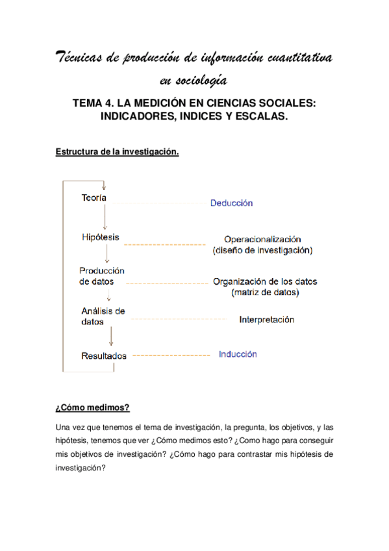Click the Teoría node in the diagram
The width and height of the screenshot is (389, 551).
click(94, 198)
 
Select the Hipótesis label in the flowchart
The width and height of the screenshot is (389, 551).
click(101, 237)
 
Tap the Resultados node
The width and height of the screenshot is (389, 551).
click(103, 356)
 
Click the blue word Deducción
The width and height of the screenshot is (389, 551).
click(231, 203)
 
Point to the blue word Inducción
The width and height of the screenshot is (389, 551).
click(237, 355)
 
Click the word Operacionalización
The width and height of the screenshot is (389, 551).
click(262, 239)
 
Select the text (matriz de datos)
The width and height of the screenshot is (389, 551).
click(265, 293)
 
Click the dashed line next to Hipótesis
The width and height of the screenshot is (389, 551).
click(164, 244)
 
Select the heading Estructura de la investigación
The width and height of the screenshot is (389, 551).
click(117, 151)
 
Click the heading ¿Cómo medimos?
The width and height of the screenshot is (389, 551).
click(92, 407)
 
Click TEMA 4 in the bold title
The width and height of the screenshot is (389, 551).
click(95, 103)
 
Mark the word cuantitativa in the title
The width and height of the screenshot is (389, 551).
click(299, 59)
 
